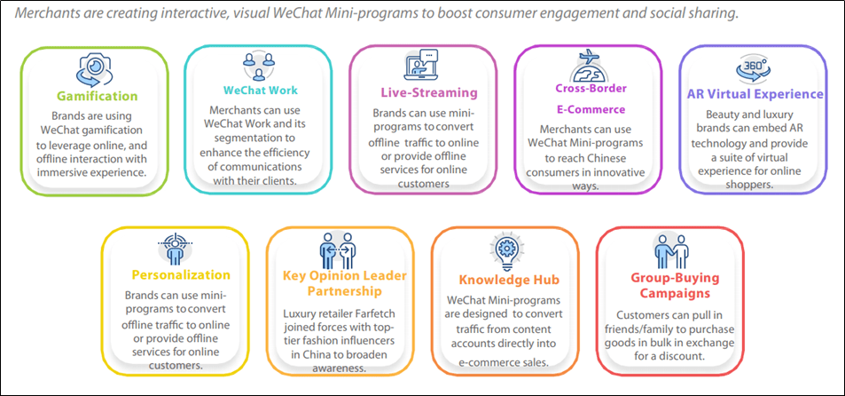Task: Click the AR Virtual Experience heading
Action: click(x=755, y=94)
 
